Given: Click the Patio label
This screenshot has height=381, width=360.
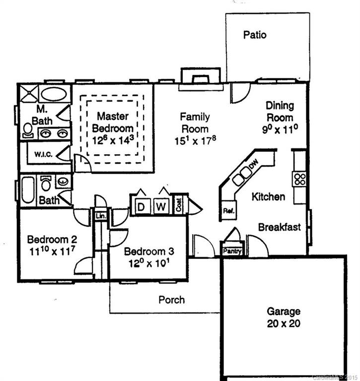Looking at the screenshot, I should click(255, 35).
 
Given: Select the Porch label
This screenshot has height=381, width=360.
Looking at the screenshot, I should click(171, 300).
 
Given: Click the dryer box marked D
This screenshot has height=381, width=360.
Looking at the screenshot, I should click(141, 206).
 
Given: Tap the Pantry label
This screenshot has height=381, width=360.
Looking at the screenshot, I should click(232, 252).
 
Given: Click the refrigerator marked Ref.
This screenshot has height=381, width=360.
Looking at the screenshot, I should click(228, 210).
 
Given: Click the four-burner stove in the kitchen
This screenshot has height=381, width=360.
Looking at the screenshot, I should click(299, 179).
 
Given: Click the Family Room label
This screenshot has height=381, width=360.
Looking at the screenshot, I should click(194, 123).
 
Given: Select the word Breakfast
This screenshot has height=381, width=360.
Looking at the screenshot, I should click(279, 227).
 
